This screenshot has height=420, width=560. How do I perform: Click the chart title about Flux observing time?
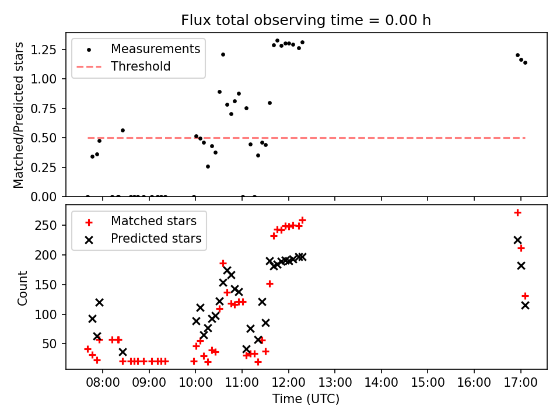coord(306,20)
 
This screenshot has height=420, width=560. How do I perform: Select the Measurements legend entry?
coord(155,48)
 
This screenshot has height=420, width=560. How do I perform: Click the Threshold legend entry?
coord(141,66)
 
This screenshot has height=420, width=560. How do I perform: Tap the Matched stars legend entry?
coord(153,221)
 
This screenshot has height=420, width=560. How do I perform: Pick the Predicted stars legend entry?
coord(156,239)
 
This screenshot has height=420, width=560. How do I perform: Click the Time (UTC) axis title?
coord(306,400)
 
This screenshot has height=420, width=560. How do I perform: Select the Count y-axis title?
coord(23,288)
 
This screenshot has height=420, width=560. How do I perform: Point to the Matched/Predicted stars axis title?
coord(19,115)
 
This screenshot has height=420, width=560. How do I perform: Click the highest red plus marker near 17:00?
coord(517,212)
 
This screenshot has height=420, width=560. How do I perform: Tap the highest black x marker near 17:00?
coord(517,240)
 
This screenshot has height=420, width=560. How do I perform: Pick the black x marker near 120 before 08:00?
coord(99,302)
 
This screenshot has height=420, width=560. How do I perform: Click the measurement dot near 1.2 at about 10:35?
coord(223,54)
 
